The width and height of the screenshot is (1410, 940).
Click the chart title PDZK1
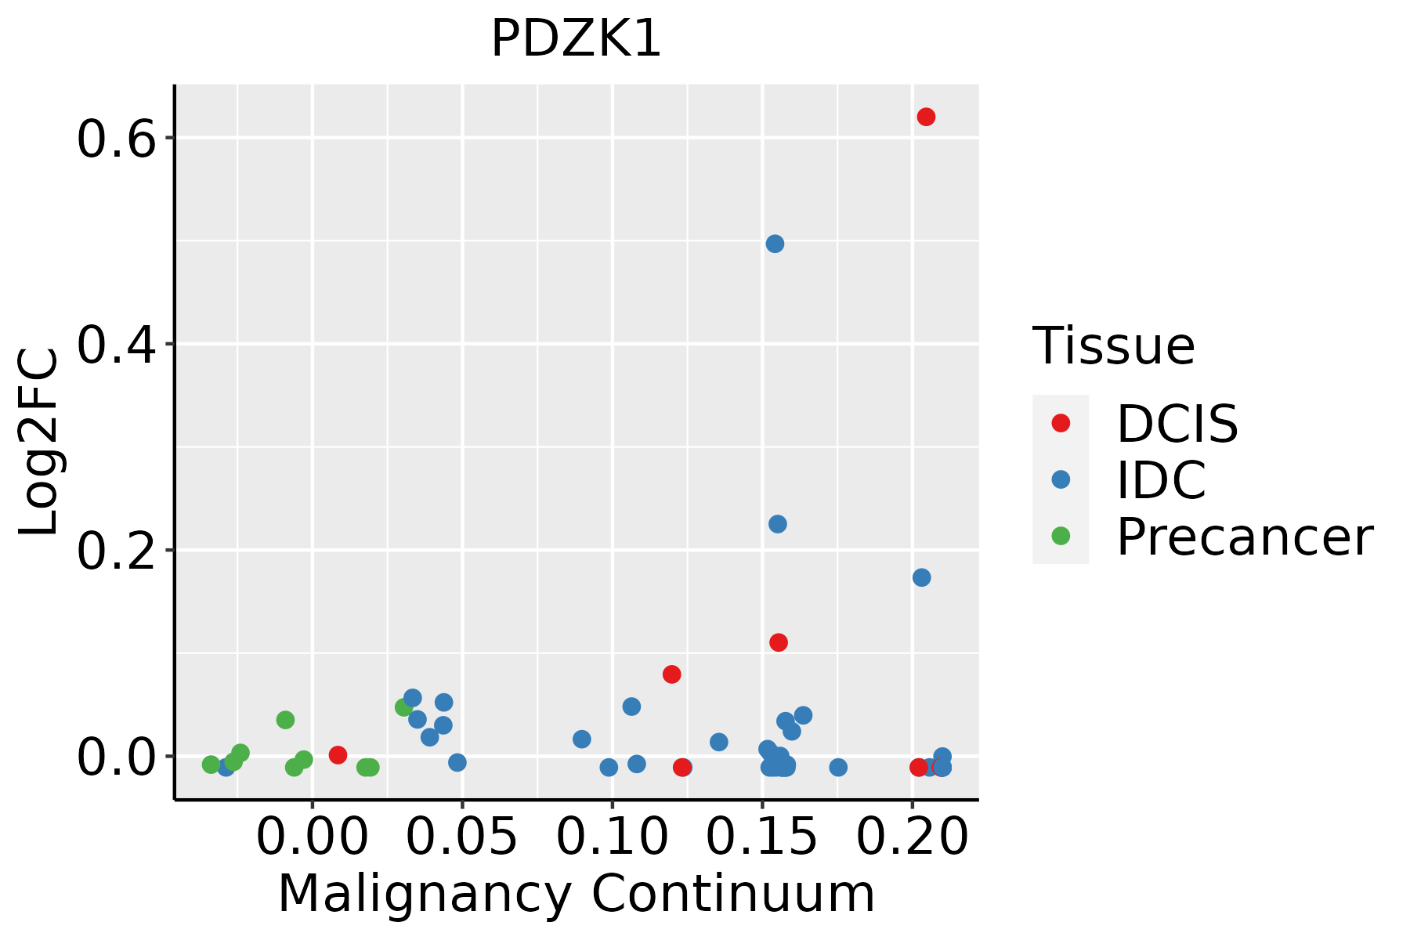577,39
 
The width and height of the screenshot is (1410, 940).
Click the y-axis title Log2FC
39,442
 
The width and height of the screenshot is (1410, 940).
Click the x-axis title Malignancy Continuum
577,894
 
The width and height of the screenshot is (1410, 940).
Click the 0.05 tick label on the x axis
462,837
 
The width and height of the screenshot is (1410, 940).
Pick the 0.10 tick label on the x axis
612,837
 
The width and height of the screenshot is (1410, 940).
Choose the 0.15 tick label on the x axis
762,837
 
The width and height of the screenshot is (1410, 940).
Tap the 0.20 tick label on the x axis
912,837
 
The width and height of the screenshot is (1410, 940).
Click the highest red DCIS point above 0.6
926,117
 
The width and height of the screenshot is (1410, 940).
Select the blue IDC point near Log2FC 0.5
775,244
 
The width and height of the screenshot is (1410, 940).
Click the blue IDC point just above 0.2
777,524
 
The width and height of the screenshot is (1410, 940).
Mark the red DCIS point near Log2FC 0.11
778,642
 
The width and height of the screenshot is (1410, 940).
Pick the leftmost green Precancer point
211,765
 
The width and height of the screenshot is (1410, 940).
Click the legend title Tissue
1113,345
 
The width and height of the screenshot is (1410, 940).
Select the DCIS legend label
1177,424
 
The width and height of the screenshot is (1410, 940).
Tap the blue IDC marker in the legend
1061,479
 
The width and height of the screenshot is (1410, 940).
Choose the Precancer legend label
1244,537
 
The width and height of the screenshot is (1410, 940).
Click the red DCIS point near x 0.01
338,755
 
